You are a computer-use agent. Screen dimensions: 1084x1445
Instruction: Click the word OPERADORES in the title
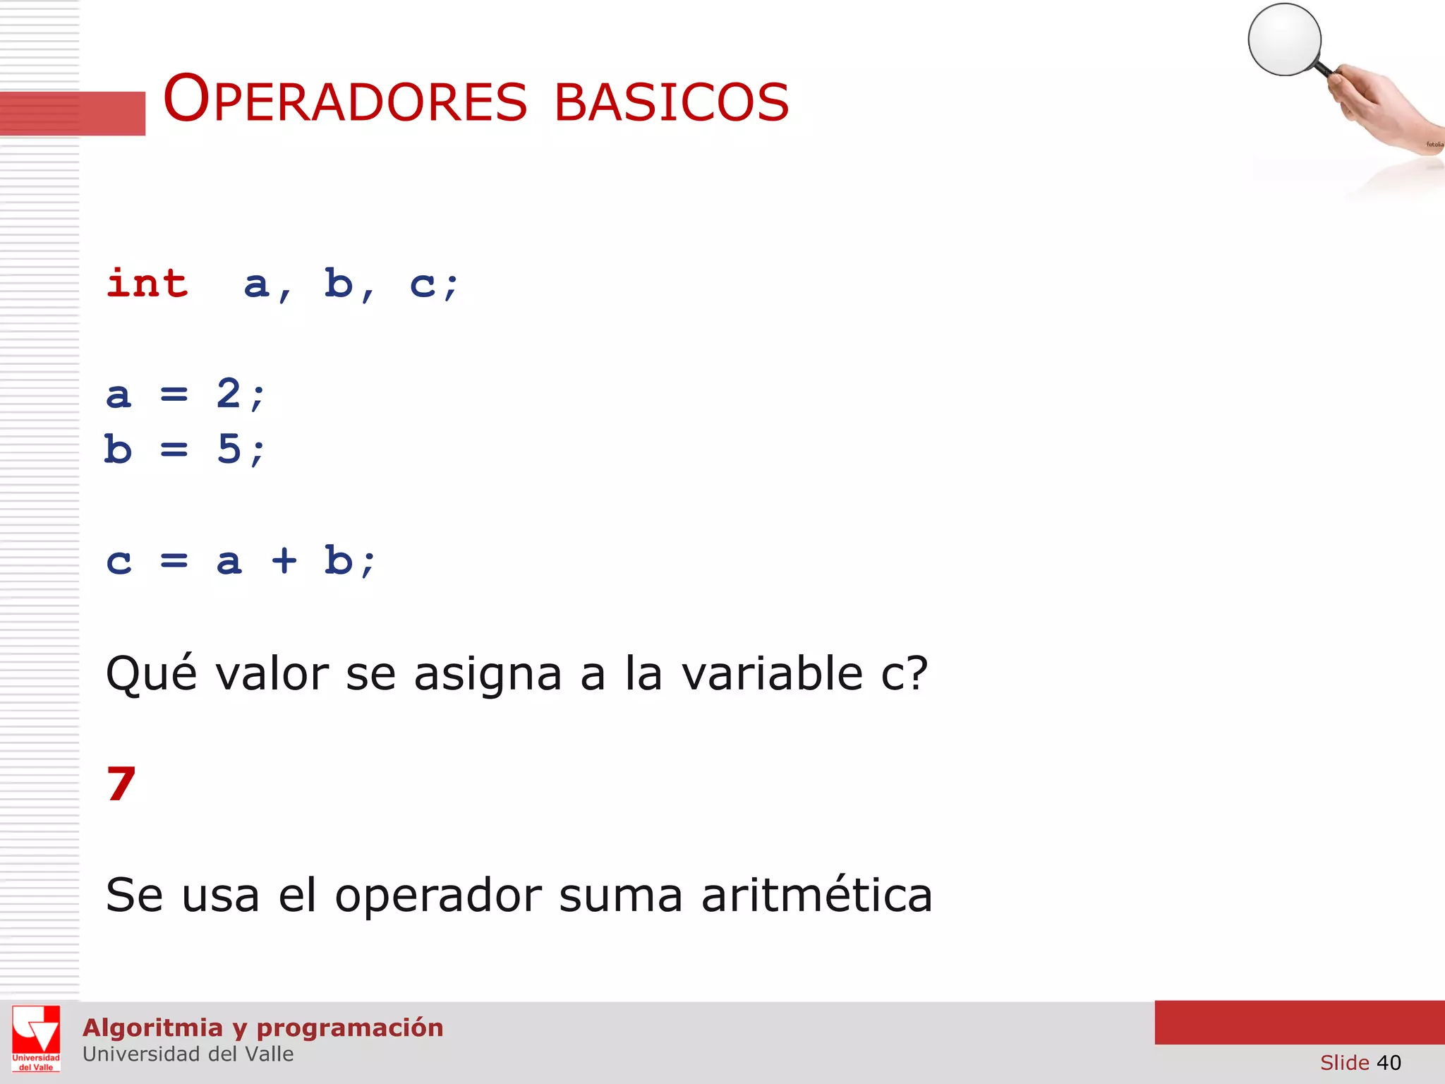coord(345,100)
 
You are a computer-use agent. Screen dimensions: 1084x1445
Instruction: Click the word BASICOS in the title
coord(671,103)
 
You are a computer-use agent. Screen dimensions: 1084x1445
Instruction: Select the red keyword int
coord(147,284)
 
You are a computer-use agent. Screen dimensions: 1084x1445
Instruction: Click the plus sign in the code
coord(284,561)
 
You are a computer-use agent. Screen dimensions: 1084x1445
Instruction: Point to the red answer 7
coord(121,784)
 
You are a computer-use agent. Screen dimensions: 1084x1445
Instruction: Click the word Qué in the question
coord(151,673)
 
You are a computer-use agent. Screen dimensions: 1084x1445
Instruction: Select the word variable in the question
coord(772,673)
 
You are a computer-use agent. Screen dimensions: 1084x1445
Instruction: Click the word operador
coord(437,896)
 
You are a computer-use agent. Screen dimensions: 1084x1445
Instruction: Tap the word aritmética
coord(816,894)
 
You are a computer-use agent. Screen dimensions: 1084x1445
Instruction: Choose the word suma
coord(620,896)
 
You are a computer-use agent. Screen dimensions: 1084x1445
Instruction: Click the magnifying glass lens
coord(1284,40)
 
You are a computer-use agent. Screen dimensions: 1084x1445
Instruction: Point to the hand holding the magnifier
coord(1376,106)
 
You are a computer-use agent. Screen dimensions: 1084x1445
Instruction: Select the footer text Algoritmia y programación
coord(263,1028)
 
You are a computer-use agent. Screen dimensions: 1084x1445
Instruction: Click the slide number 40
coord(1389,1062)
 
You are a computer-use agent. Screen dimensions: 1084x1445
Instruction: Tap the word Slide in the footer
coord(1344,1062)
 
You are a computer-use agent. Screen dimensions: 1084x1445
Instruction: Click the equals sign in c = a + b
coord(174,561)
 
